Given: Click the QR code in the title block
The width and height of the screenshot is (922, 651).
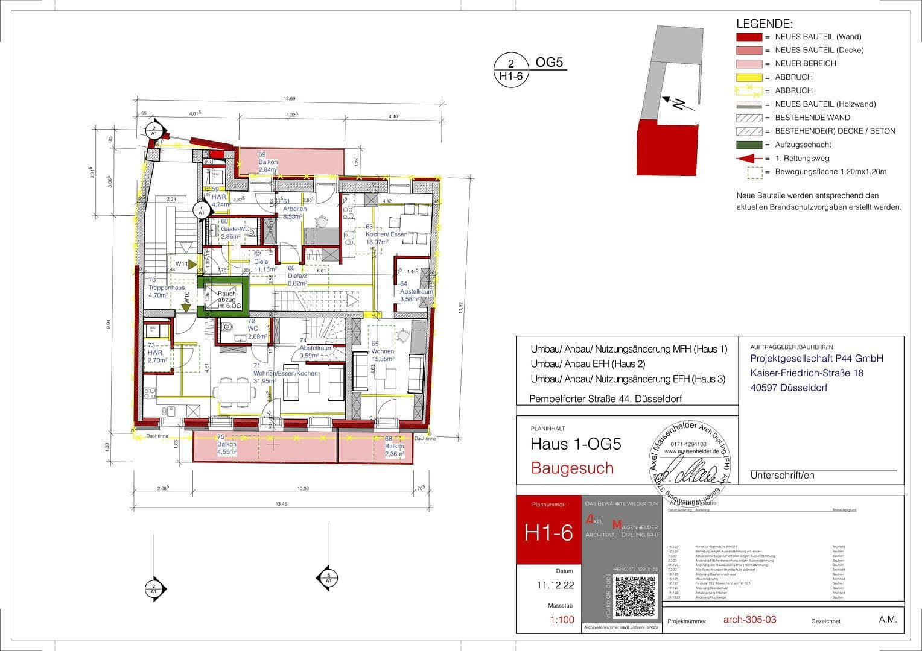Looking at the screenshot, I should click(x=635, y=597).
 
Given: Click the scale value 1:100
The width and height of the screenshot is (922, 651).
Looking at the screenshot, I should click(x=562, y=620).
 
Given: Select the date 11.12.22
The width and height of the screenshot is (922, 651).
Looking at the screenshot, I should click(x=555, y=585).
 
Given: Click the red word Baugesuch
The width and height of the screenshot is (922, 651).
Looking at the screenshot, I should click(x=572, y=468).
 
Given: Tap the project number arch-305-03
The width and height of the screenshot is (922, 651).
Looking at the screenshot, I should click(x=749, y=620).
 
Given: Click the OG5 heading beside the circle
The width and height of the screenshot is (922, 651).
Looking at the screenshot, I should click(x=549, y=63).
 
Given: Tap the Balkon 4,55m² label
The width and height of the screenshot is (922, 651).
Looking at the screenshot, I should click(x=226, y=448).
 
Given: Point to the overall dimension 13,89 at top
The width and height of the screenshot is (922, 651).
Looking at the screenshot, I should click(x=290, y=99).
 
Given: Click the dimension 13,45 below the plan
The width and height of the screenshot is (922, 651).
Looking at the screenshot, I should click(x=281, y=504).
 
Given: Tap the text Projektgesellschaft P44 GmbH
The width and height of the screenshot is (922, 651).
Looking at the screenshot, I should click(x=816, y=359).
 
